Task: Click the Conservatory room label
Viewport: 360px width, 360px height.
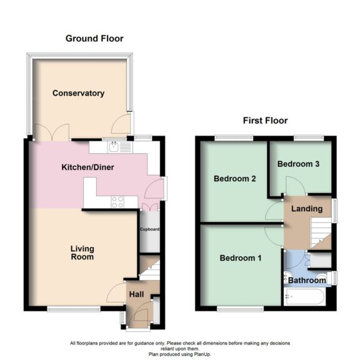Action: [x=78, y=93]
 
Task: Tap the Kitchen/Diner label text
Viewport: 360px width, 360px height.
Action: [x=87, y=167]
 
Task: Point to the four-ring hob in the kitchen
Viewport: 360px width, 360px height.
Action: [x=116, y=201]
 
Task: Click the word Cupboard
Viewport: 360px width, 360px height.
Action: [x=149, y=229]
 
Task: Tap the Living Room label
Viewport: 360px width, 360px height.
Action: [x=82, y=252]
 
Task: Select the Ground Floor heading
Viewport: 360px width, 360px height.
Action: [x=94, y=39]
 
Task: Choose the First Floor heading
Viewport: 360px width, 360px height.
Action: [x=265, y=121]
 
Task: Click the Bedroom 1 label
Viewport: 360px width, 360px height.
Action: [x=241, y=258]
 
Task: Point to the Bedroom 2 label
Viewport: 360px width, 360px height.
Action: [x=235, y=178]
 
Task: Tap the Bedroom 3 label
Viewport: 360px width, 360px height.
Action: [x=299, y=164]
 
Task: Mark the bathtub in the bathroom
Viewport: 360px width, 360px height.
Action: [x=304, y=296]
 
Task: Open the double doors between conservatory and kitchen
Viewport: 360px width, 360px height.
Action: [x=48, y=132]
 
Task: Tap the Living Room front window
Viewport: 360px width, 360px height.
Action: [x=74, y=309]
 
